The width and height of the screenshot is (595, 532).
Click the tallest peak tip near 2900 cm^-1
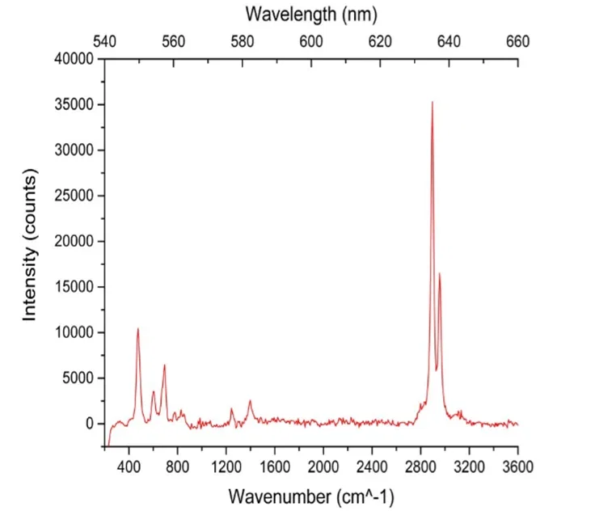432,102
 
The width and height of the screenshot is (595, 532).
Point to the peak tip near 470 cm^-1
138,328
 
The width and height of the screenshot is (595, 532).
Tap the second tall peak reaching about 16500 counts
440,273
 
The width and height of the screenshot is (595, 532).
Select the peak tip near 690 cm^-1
164,365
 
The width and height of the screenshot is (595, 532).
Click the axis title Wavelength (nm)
311,14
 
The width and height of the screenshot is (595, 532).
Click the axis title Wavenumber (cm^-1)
311,496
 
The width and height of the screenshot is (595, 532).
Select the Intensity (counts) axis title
30,245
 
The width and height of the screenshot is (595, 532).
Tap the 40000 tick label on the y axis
75,59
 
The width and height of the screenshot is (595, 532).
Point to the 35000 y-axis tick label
75,105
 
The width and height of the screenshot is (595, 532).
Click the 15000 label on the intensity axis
75,287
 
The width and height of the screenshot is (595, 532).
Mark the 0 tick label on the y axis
91,424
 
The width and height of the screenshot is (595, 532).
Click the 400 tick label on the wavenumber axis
129,467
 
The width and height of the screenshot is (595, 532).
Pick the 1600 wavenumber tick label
275,467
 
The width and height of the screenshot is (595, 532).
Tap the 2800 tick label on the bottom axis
420,467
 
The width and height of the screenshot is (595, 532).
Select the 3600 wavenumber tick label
517,467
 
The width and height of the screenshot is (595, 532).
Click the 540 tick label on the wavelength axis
105,41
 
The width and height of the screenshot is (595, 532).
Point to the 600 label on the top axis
311,41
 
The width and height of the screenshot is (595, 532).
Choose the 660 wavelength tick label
517,41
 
